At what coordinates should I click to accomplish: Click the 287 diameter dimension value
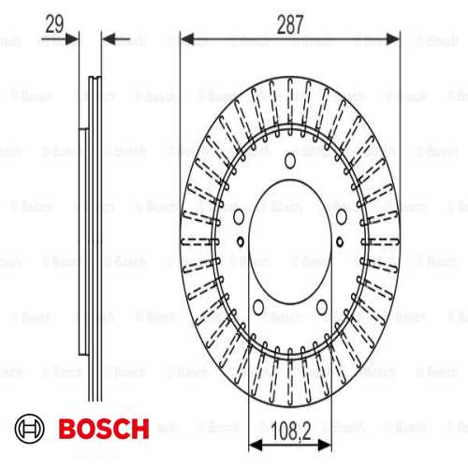(x=290, y=24)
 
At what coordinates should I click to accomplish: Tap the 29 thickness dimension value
(x=54, y=24)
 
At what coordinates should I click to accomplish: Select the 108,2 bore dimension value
(x=291, y=431)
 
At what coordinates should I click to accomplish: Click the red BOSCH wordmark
(x=104, y=429)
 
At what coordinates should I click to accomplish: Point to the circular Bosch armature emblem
(x=30, y=429)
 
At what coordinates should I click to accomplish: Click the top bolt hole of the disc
(x=290, y=161)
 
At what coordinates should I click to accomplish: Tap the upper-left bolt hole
(x=239, y=216)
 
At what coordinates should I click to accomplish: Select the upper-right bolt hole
(x=342, y=216)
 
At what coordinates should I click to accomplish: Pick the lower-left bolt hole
(x=258, y=307)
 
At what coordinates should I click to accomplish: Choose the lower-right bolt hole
(x=322, y=307)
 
